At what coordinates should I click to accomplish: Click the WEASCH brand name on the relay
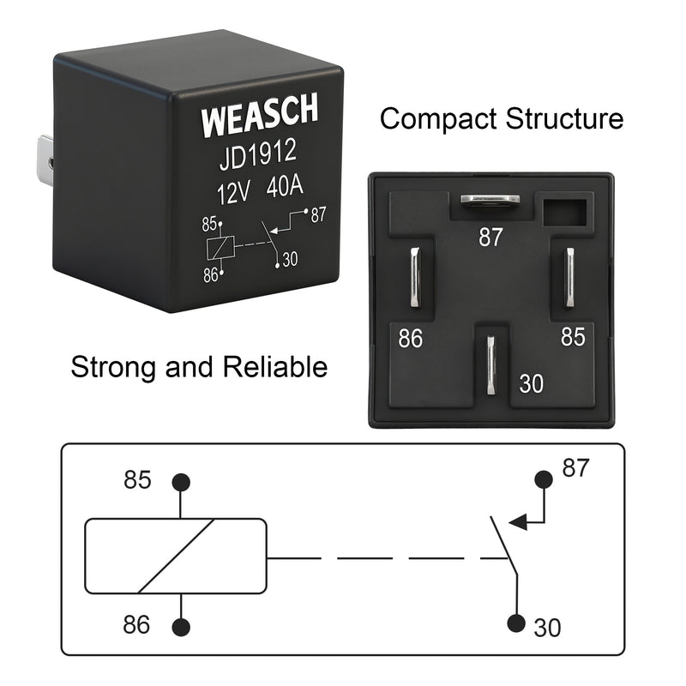[260, 116]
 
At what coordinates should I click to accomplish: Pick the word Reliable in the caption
[275, 367]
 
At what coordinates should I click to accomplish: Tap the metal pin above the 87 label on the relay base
[490, 200]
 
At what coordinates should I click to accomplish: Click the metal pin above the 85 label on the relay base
[569, 278]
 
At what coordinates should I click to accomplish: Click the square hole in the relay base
[563, 210]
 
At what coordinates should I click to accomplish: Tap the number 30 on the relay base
[531, 383]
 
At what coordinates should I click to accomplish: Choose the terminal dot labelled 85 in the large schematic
[181, 482]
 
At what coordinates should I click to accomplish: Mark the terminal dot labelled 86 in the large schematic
[181, 628]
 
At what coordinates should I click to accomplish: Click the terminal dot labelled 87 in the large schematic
[542, 478]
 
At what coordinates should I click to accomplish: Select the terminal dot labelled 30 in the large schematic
[516, 623]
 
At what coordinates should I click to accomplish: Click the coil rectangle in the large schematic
[175, 556]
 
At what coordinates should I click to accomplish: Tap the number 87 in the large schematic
[576, 468]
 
